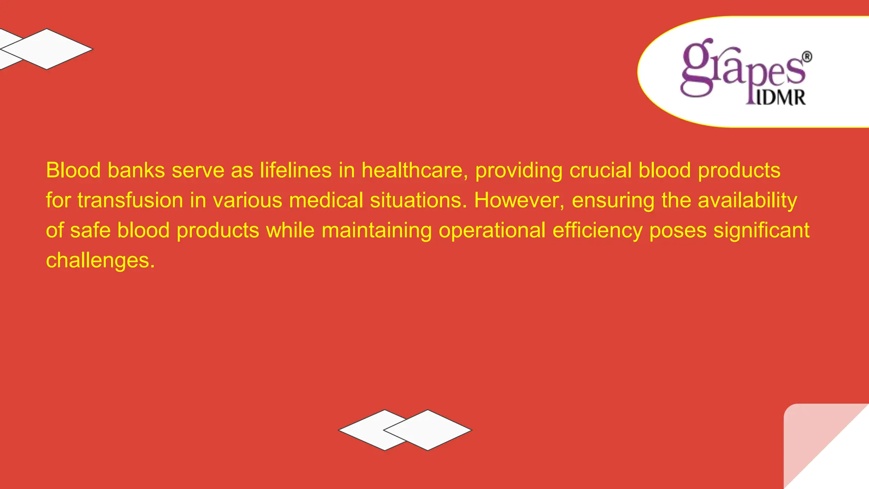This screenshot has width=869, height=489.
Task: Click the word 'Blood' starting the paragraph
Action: pyautogui.click(x=73, y=170)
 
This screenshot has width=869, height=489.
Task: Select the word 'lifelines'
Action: pyautogui.click(x=295, y=170)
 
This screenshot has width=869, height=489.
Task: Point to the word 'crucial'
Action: pyautogui.click(x=600, y=170)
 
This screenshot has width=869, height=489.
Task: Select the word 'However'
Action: pyautogui.click(x=519, y=200)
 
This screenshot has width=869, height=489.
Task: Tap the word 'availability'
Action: pyautogui.click(x=747, y=200)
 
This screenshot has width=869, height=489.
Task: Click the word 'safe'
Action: pyautogui.click(x=90, y=230)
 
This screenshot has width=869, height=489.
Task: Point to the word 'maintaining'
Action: pyautogui.click(x=376, y=230)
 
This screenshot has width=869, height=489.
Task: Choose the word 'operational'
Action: pyautogui.click(x=492, y=230)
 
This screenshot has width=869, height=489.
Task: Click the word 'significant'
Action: pyautogui.click(x=761, y=230)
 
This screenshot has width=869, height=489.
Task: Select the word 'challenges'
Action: pyautogui.click(x=100, y=261)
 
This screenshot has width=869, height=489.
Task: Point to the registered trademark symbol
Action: pyautogui.click(x=807, y=57)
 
